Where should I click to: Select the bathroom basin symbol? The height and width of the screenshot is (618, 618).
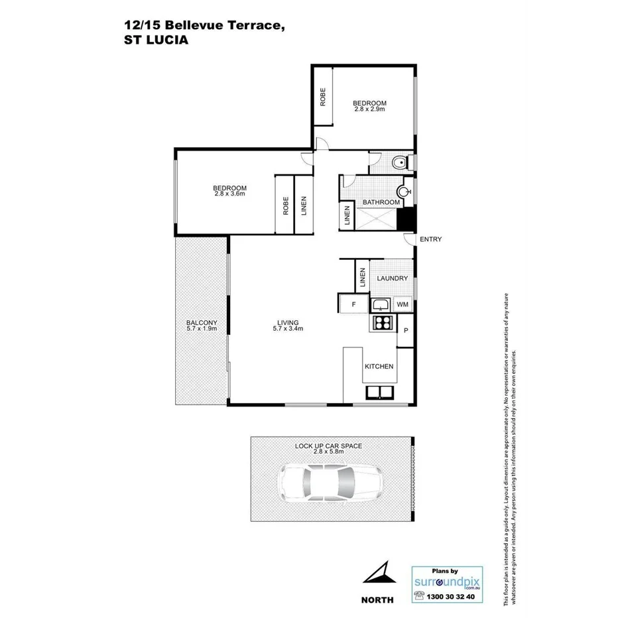[403, 192]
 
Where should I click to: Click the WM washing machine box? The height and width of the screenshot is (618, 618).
[402, 304]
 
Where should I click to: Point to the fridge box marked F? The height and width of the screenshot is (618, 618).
[354, 304]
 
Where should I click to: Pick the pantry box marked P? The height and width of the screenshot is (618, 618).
[406, 330]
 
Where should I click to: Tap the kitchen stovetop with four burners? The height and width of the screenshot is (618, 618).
[383, 323]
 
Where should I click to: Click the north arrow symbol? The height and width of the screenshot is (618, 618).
[379, 572]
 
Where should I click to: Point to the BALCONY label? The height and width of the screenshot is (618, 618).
[202, 323]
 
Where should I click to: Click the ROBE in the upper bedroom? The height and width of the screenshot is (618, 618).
[323, 98]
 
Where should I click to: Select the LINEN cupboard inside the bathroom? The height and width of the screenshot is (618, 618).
[347, 216]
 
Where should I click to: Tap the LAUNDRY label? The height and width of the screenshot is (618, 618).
[392, 278]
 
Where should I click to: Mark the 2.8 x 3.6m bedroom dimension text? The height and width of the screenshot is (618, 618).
[230, 194]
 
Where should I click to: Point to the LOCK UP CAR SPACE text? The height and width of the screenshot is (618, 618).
[329, 446]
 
